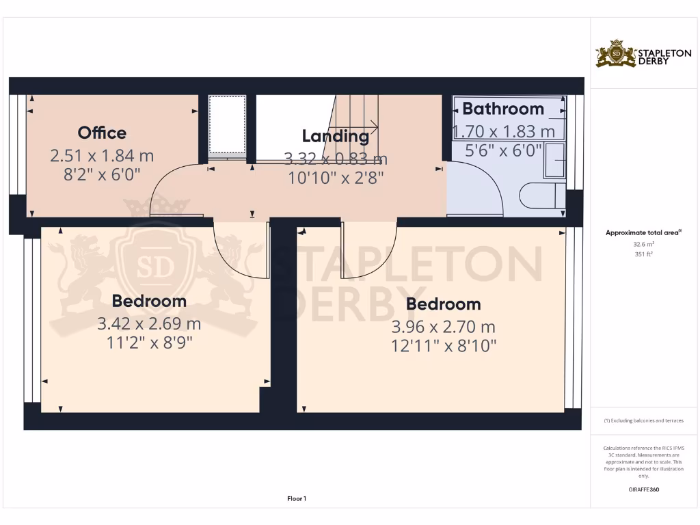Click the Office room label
click(x=102, y=133)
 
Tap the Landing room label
click(x=335, y=136)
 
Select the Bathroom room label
click(x=503, y=109)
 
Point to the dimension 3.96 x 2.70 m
click(x=444, y=327)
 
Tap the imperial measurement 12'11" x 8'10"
click(x=444, y=346)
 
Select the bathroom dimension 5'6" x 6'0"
click(x=503, y=150)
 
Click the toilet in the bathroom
click(x=543, y=197)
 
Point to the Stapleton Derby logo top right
click(x=634, y=54)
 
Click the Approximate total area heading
click(x=643, y=233)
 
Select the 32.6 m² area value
click(x=643, y=244)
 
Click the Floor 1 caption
click(x=296, y=499)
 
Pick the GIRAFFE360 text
click(x=643, y=489)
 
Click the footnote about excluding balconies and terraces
click(x=643, y=420)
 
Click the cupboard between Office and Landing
click(x=227, y=125)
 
